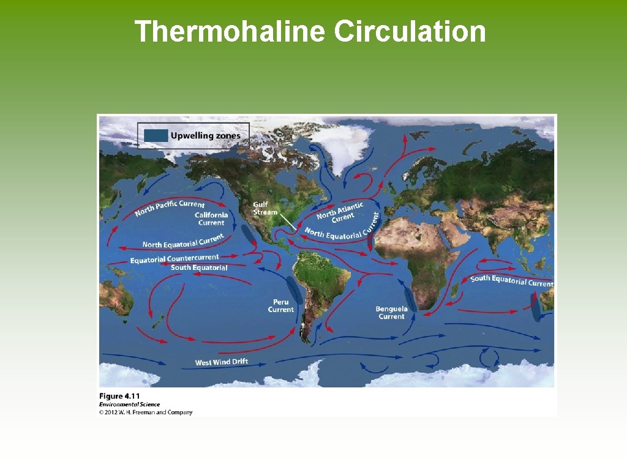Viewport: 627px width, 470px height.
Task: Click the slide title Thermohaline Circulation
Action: click(310, 31)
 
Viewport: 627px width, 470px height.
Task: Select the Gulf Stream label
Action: click(265, 208)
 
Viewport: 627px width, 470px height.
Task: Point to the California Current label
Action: click(211, 218)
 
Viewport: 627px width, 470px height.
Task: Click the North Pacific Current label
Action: click(170, 207)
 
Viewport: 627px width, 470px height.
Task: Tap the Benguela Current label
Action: click(391, 313)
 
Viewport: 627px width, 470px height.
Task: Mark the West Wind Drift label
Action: click(222, 362)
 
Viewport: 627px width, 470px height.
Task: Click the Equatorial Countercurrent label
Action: click(174, 258)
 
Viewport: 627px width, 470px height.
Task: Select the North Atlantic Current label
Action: click(340, 212)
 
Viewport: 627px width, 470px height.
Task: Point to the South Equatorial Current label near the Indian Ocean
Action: click(511, 281)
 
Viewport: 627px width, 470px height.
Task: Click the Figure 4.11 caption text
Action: click(119, 396)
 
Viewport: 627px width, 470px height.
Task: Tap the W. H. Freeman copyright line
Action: click(146, 412)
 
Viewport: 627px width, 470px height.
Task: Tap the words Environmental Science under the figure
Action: click(129, 405)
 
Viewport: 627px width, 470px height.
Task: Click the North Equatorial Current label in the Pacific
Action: click(182, 241)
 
